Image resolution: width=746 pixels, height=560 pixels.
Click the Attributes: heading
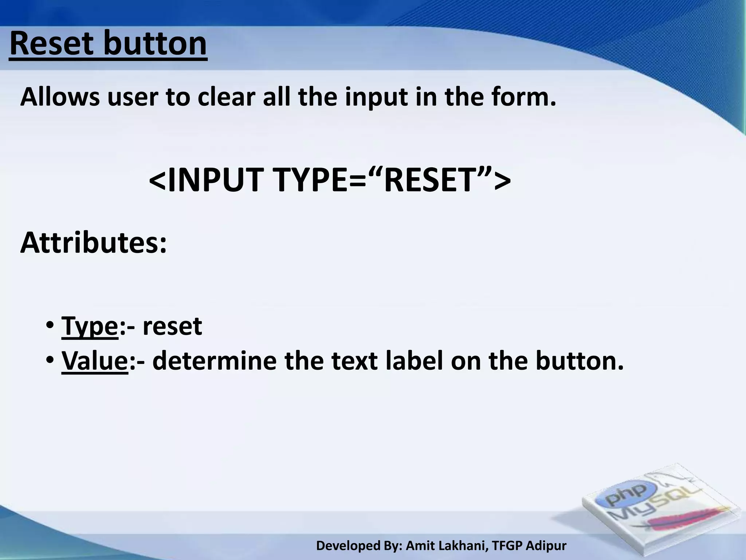pos(94,243)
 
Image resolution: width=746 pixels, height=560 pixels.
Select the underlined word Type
pos(90,327)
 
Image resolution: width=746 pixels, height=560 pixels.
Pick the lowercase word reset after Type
pos(172,327)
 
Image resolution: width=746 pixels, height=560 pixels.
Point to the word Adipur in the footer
pos(546,546)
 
